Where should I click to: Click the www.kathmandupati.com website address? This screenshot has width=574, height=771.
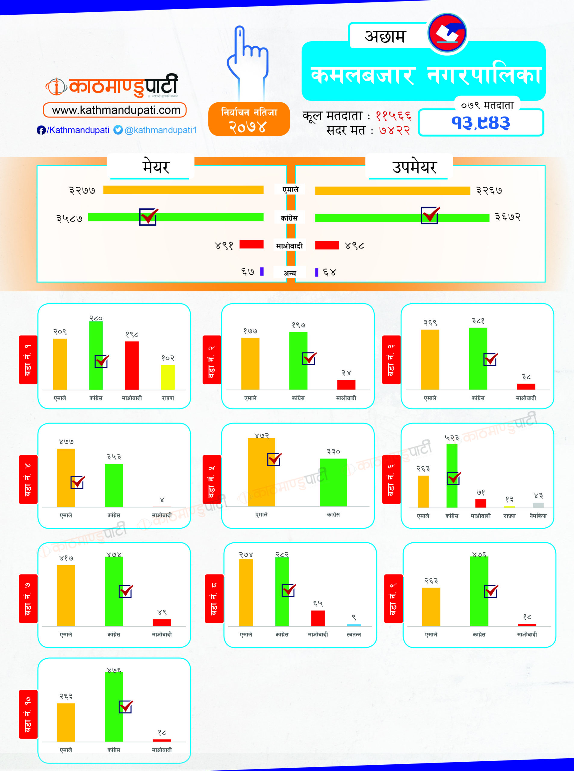click(x=116, y=110)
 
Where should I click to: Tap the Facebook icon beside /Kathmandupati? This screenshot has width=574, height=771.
click(x=41, y=130)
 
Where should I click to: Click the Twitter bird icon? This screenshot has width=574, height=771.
click(x=118, y=130)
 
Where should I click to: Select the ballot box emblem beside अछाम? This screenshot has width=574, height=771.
click(x=447, y=33)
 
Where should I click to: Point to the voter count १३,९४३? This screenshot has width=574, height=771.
click(x=480, y=123)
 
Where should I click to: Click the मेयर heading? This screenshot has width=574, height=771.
click(x=156, y=167)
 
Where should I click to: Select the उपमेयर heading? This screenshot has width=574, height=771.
click(x=414, y=167)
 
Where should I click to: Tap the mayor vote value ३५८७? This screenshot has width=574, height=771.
click(x=70, y=218)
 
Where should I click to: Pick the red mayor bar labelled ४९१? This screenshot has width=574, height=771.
click(x=251, y=244)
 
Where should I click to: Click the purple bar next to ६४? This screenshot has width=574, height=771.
click(x=317, y=272)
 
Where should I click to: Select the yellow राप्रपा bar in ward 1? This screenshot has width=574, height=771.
click(x=168, y=377)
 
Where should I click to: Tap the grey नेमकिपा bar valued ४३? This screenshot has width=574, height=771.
click(x=538, y=505)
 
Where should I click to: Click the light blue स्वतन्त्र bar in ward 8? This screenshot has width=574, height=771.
click(x=354, y=625)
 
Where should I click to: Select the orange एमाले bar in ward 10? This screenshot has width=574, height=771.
click(x=66, y=722)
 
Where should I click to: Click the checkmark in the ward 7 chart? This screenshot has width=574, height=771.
click(x=126, y=591)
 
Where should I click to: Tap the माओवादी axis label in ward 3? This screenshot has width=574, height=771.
click(x=526, y=398)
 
